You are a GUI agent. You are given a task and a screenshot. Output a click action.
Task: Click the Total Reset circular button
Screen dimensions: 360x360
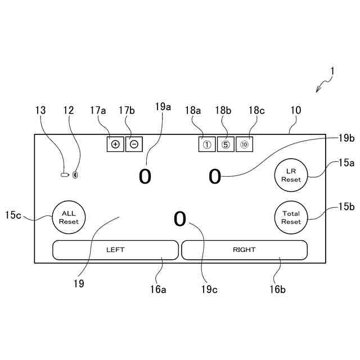[x=291, y=217]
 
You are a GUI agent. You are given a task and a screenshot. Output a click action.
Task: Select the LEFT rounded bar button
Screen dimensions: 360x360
[x=115, y=250]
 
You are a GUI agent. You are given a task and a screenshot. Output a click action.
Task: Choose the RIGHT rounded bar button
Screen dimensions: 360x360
[x=244, y=250]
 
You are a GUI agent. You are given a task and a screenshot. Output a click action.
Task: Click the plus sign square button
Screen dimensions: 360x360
[x=115, y=144]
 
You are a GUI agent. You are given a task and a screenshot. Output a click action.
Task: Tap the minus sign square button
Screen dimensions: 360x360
[x=134, y=144]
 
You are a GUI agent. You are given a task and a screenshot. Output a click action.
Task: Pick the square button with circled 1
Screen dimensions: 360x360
[x=206, y=145]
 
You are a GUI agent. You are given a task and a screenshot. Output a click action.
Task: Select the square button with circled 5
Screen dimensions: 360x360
[x=226, y=145]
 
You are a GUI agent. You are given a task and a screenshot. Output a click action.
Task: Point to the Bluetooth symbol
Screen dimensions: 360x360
[x=75, y=175]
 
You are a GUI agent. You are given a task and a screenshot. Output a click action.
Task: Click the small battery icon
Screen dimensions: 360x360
[x=65, y=175]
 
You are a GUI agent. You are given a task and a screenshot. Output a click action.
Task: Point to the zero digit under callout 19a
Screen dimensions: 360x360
[x=145, y=177]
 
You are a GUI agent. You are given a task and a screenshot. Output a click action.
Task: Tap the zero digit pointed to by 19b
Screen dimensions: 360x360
[x=215, y=177]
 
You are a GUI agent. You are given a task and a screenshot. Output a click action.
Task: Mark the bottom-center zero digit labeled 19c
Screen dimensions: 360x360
[x=179, y=219]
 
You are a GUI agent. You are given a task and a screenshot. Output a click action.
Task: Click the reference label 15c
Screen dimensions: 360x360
[x=13, y=215]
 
